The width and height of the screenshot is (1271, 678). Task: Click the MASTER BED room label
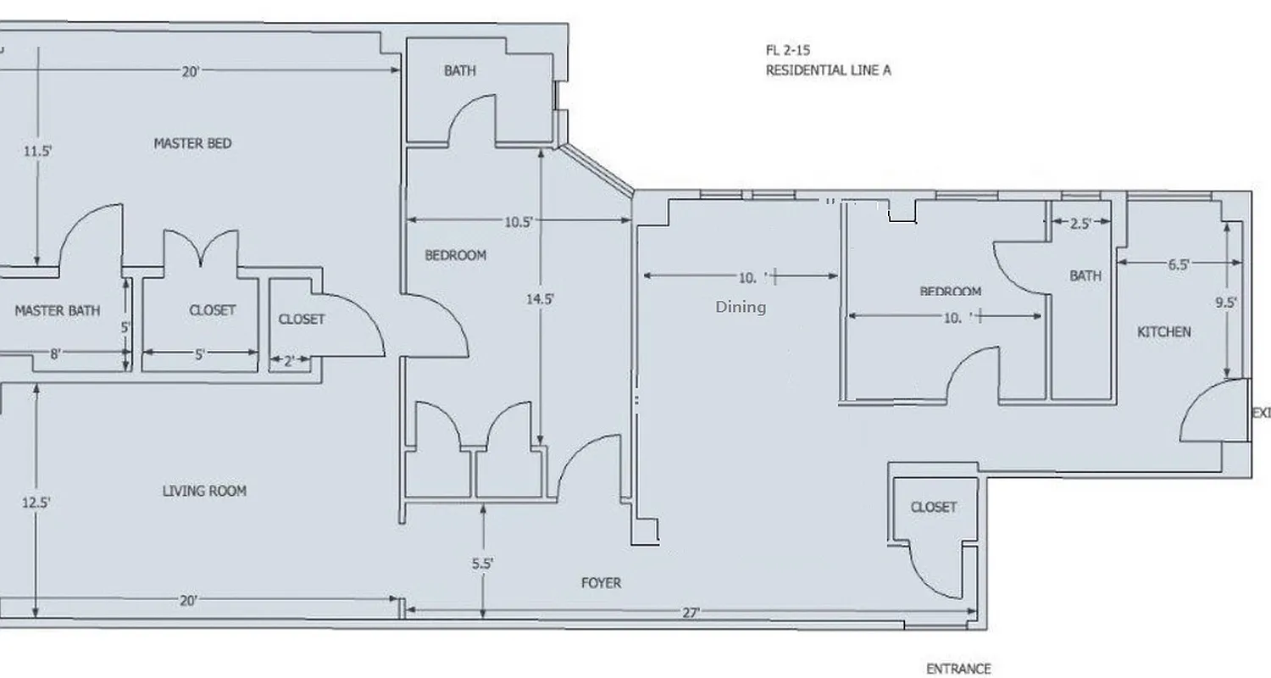[x=192, y=143]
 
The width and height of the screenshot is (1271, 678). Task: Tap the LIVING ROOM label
[x=204, y=491]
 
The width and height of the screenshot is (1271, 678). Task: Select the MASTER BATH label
[x=58, y=311]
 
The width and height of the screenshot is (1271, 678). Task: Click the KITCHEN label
[x=1163, y=332]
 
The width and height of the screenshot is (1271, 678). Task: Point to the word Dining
[x=741, y=307]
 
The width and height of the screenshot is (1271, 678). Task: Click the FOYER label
[x=601, y=583]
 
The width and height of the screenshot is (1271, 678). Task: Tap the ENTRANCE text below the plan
[x=958, y=669]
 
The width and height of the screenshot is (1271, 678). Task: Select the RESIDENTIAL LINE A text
[x=828, y=70]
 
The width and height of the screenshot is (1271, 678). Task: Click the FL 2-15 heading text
[x=787, y=51]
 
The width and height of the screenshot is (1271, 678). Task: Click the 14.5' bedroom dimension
[x=541, y=299]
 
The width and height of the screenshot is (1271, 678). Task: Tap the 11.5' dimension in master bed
[x=37, y=152]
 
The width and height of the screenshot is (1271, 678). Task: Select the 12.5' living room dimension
[x=36, y=503]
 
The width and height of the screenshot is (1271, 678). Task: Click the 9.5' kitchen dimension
[x=1226, y=303]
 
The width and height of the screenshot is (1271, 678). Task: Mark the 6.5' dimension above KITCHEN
[x=1179, y=264]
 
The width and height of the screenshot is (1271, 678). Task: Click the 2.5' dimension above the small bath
[x=1080, y=224]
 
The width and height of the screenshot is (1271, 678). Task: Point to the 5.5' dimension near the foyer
[x=483, y=563]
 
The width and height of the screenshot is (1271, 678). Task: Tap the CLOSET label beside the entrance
[x=934, y=507]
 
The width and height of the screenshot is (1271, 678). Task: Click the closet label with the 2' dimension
[x=302, y=320]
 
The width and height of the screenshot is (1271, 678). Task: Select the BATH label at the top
[x=460, y=71]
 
